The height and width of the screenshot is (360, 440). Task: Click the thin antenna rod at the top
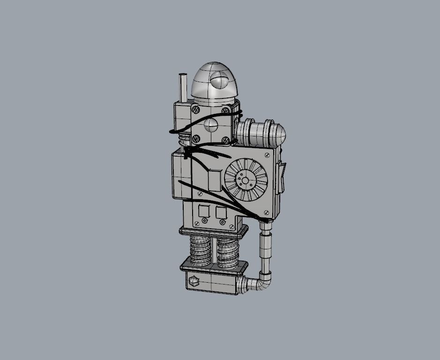(183, 88)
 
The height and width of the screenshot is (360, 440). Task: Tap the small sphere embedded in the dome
(218, 82)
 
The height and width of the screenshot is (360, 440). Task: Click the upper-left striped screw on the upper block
(195, 110)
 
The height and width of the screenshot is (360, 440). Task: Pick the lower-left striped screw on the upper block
(196, 139)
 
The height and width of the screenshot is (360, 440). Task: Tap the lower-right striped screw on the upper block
(226, 139)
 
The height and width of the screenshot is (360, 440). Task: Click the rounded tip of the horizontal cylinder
(280, 135)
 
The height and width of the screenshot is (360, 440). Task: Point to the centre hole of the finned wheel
(245, 180)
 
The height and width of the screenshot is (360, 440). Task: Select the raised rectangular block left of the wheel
(214, 180)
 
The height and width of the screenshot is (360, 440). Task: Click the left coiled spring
(201, 251)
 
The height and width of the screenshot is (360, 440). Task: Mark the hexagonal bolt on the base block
(193, 282)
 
